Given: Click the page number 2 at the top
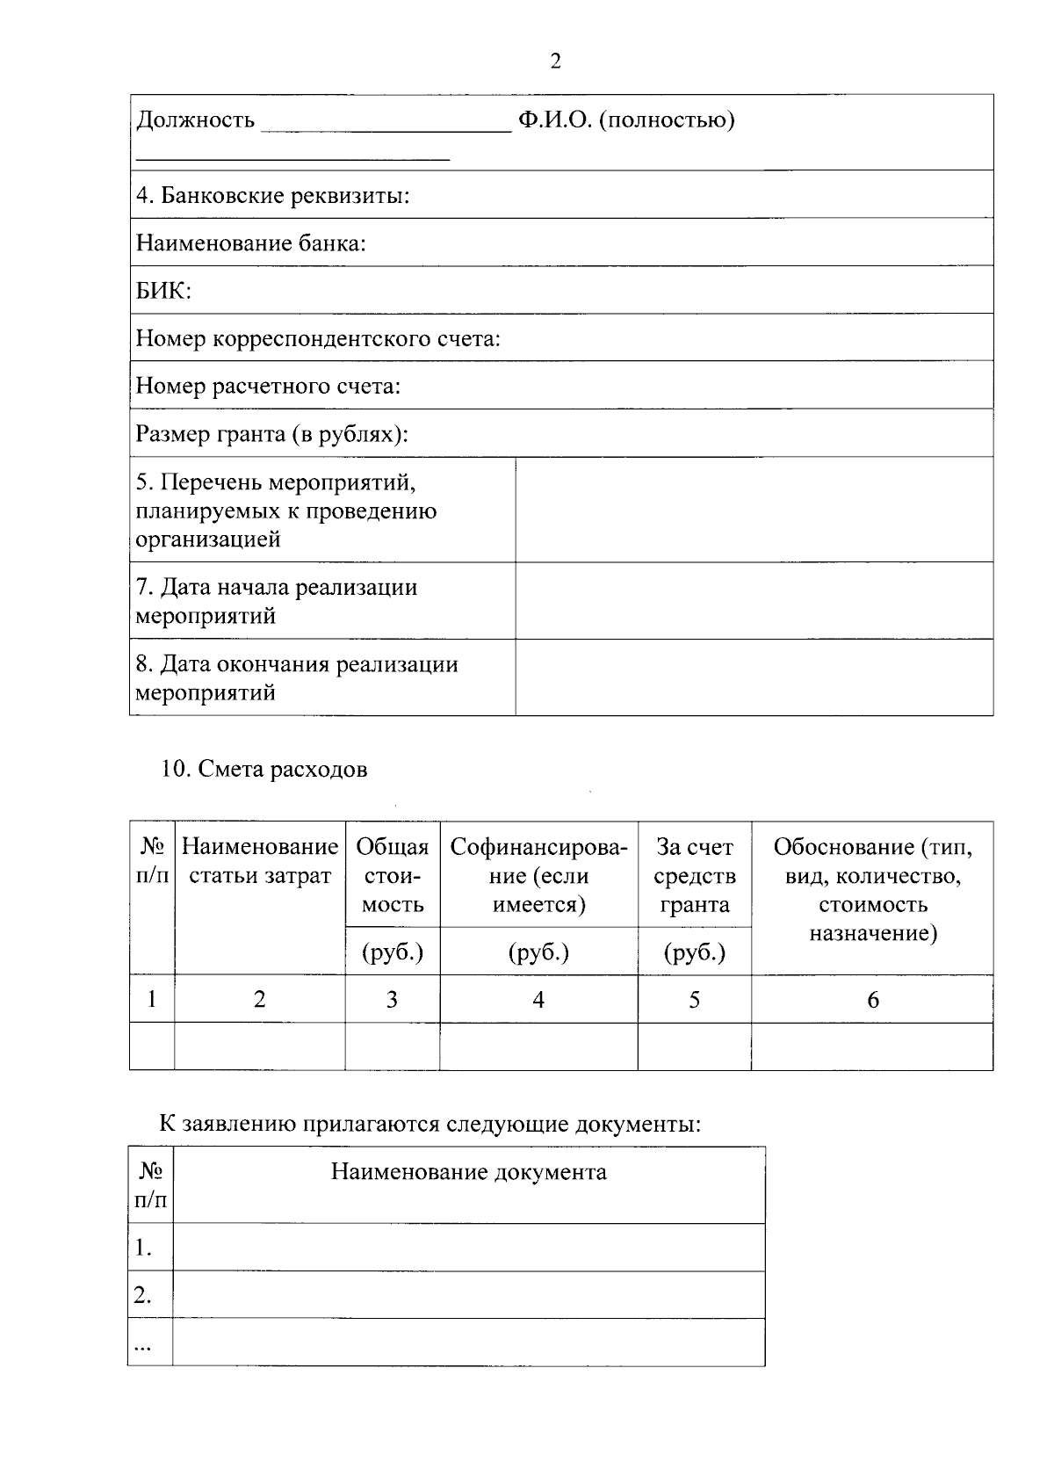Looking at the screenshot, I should click(555, 62).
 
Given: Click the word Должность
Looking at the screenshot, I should click(195, 120).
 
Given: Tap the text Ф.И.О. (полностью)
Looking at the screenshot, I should click(625, 120).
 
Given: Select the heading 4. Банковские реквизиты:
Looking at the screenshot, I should click(272, 195).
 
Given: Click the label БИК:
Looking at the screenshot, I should click(163, 291).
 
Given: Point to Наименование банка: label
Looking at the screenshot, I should click(250, 243).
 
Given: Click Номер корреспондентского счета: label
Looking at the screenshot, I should click(318, 339).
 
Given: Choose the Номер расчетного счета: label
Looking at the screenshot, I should click(268, 387).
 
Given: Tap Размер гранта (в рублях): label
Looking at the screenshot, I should click(272, 434).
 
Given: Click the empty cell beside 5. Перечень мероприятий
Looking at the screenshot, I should click(754, 510).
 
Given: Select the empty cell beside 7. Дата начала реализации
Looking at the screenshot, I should click(754, 601).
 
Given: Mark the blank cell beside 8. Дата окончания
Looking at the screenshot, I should click(754, 677).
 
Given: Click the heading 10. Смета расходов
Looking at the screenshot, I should click(263, 770).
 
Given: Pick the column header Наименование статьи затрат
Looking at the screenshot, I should click(260, 862).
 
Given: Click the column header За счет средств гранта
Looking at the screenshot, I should click(694, 876).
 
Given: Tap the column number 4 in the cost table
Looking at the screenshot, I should click(538, 999).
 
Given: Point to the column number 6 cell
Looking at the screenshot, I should click(872, 1000).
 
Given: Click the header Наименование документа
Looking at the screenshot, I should click(468, 1172).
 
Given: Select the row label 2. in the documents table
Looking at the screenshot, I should click(143, 1295).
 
